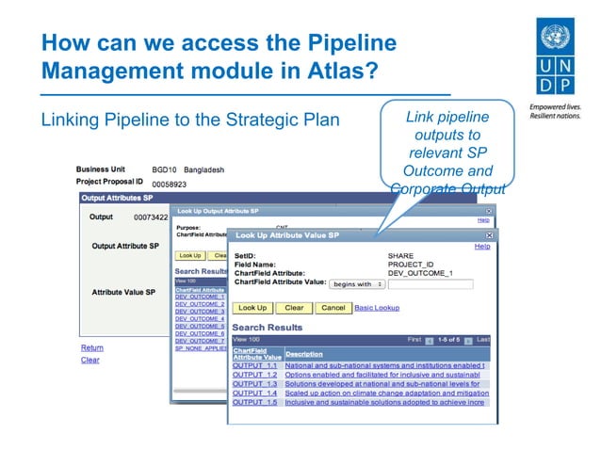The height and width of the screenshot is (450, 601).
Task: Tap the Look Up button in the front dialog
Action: click(252, 308)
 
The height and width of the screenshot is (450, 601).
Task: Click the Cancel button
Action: click(333, 308)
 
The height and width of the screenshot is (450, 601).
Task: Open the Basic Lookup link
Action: click(377, 308)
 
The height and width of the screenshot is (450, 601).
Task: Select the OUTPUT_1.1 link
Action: click(255, 365)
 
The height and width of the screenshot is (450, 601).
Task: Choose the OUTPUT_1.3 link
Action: click(255, 384)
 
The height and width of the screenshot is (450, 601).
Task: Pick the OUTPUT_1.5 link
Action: click(255, 402)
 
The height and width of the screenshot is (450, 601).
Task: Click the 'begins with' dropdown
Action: click(358, 283)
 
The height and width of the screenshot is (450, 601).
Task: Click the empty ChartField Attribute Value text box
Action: click(430, 283)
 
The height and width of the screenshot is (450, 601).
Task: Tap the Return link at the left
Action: click(91, 347)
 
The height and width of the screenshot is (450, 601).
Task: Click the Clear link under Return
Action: click(90, 360)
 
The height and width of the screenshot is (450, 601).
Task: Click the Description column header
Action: click(304, 354)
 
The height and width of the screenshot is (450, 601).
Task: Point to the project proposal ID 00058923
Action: click(170, 185)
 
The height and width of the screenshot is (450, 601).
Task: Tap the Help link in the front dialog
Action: click(482, 247)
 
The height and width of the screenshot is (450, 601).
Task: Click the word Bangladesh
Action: click(204, 169)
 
